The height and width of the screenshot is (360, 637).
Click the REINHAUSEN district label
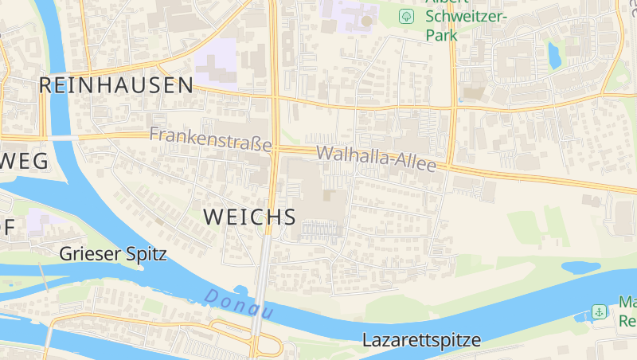116,85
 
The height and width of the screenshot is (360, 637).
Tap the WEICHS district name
249,217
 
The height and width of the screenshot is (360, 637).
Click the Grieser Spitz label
113,254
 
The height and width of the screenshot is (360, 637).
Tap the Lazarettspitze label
421,340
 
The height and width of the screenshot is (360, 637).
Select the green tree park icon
406,16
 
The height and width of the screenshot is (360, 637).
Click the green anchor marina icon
598,311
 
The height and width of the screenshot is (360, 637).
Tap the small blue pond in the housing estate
553,53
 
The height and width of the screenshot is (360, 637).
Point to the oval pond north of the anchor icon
581,267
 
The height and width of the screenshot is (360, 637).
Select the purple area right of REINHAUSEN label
217,61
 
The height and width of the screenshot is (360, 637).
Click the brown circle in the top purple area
366,21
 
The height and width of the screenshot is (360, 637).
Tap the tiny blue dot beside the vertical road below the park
460,100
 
